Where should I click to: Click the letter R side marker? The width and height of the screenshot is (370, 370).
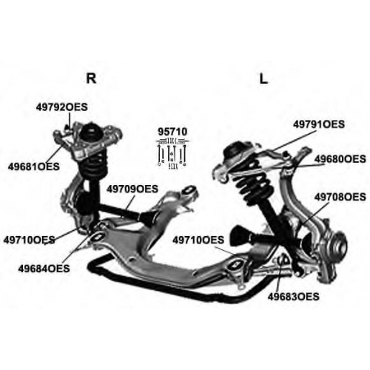click(x=91, y=78)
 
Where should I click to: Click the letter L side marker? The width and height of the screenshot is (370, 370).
click(x=263, y=79)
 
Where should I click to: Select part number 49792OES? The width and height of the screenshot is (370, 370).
click(x=61, y=107)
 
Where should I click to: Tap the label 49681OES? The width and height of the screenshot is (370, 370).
click(x=34, y=166)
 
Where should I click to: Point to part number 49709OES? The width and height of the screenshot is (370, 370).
click(x=132, y=189)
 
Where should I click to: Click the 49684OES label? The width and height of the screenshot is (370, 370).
click(x=44, y=269)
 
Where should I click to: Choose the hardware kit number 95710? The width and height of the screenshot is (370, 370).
click(x=172, y=132)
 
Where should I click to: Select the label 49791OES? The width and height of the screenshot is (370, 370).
click(x=319, y=124)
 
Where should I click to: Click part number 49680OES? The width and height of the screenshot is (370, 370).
click(x=340, y=159)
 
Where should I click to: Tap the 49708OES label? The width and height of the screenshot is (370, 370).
click(x=340, y=197)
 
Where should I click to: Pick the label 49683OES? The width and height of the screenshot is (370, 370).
click(x=294, y=297)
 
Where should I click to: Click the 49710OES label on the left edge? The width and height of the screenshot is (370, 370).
click(x=29, y=240)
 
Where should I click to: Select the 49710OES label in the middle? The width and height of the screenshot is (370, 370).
click(x=198, y=240)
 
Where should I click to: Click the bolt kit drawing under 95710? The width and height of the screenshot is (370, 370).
click(x=172, y=153)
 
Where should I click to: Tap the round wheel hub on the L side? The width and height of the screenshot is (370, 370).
click(x=339, y=243)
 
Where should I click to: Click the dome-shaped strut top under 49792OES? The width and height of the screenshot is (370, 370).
click(x=92, y=133)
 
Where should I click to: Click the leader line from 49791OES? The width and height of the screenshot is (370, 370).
click(x=293, y=141)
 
